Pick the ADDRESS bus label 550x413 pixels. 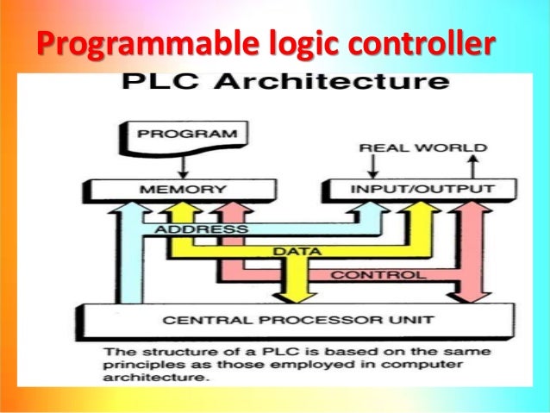pyautogui.click(x=202, y=230)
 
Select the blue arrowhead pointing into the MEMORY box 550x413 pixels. pyautogui.click(x=132, y=207)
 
